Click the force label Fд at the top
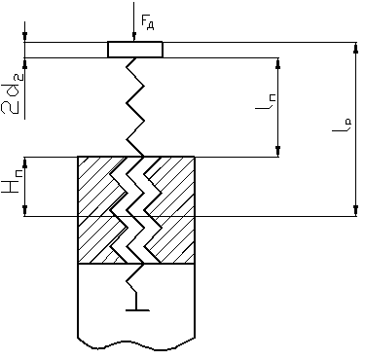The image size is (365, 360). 147,22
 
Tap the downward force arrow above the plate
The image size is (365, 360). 133,21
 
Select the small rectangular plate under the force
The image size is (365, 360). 135,50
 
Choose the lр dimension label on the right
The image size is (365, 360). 342,124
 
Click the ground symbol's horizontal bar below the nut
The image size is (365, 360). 137,310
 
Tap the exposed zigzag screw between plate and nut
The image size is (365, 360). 135,107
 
